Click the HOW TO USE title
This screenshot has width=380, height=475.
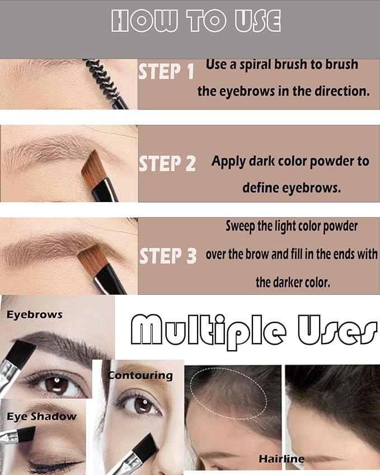pyautogui.click(x=196, y=22)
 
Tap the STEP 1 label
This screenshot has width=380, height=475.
pyautogui.click(x=166, y=72)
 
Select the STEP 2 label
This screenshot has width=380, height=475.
pyautogui.click(x=167, y=163)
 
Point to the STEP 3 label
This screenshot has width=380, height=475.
pyautogui.click(x=168, y=256)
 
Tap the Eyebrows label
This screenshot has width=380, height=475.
pyautogui.click(x=34, y=315)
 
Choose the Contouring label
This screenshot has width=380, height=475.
pyautogui.click(x=140, y=375)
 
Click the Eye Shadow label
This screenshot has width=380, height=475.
pyautogui.click(x=41, y=416)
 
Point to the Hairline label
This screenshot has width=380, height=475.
pyautogui.click(x=282, y=459)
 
